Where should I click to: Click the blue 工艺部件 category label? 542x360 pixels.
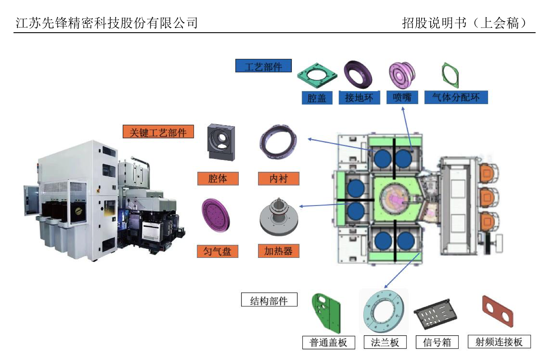click(x=264, y=66)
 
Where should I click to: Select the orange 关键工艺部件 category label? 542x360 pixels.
click(x=158, y=132)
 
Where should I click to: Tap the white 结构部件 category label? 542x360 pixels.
click(x=269, y=300)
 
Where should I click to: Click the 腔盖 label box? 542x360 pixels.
click(x=317, y=98)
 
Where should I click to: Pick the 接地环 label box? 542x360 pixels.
click(x=359, y=97)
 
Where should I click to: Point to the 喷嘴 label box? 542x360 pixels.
click(x=402, y=97)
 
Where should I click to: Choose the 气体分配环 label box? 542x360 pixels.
click(x=456, y=97)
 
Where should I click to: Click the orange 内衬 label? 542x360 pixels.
click(x=278, y=179)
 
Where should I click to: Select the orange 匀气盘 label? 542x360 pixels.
click(x=218, y=251)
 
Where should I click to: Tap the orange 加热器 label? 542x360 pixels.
click(x=278, y=251)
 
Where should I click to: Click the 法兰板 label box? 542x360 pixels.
click(x=385, y=342)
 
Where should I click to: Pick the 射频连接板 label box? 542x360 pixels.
click(x=499, y=342)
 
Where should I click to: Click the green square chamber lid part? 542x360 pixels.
click(x=317, y=76)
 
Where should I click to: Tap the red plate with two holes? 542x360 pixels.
click(x=498, y=311)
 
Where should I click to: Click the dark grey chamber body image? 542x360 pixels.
click(x=221, y=142)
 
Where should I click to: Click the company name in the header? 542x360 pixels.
click(x=107, y=23)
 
